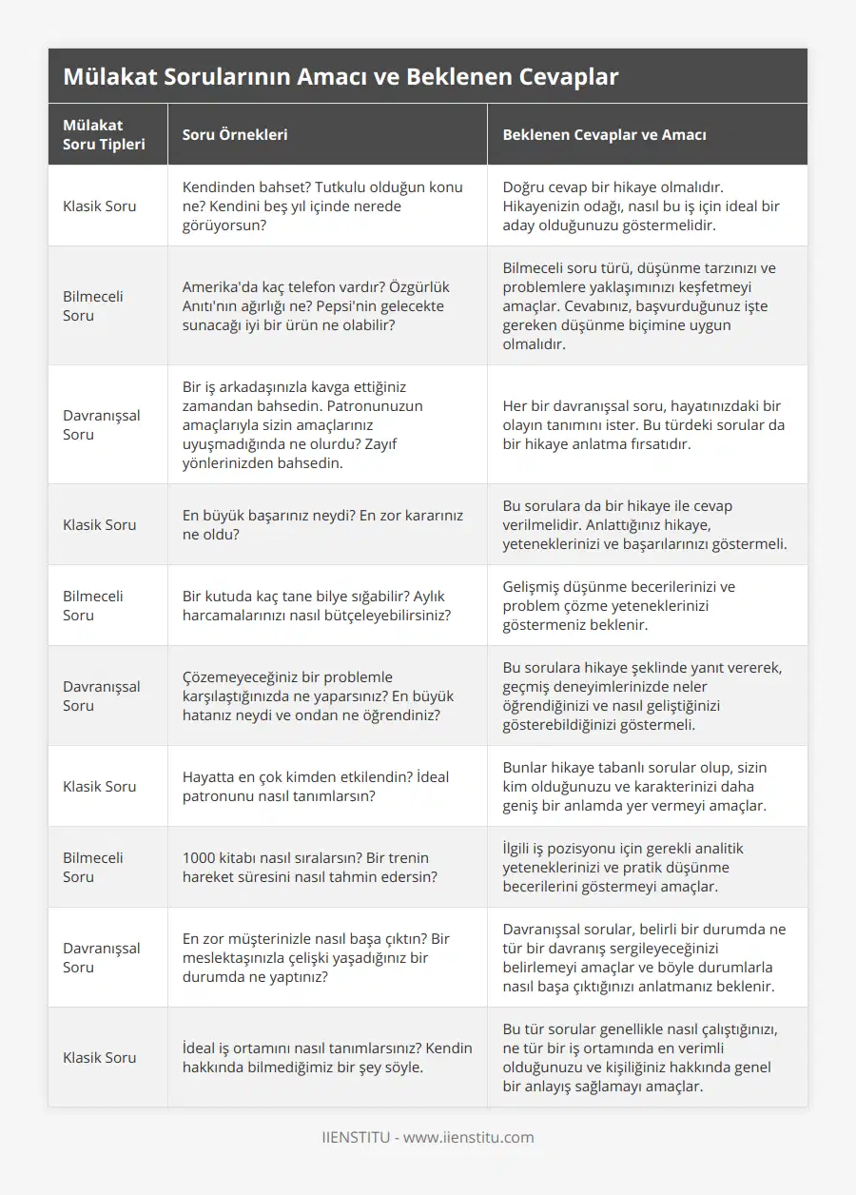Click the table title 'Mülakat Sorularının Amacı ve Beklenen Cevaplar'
tap(340, 76)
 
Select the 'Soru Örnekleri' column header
tap(235, 134)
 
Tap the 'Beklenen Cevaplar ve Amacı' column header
tap(604, 134)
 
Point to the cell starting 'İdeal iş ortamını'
tap(326, 1057)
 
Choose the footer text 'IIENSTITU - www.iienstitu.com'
tap(428, 1137)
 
